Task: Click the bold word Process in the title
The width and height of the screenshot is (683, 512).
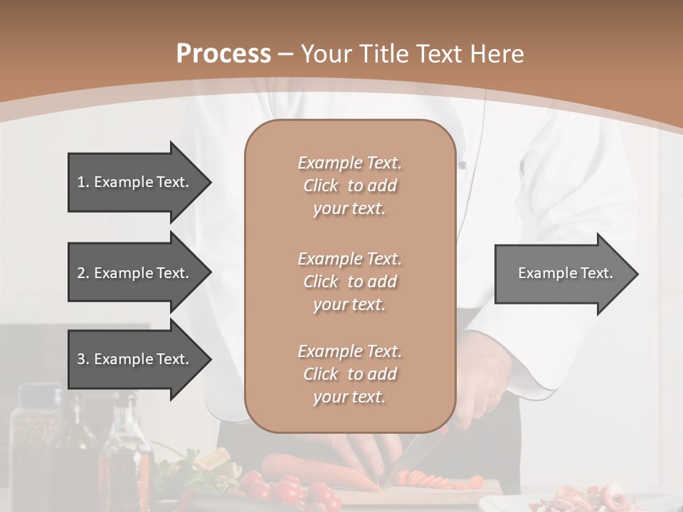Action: coord(223,54)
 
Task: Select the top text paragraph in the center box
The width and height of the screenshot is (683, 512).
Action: coord(349,186)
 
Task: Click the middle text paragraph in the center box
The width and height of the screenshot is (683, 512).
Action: coord(349,282)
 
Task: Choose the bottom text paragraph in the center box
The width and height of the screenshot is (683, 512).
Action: coord(349,374)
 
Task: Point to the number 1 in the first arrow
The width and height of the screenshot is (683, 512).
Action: coord(81,182)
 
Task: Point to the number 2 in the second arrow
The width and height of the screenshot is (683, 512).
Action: coord(81,273)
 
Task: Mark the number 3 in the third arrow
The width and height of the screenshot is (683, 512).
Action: coord(81,359)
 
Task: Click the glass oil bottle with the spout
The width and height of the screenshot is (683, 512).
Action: coord(126,448)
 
